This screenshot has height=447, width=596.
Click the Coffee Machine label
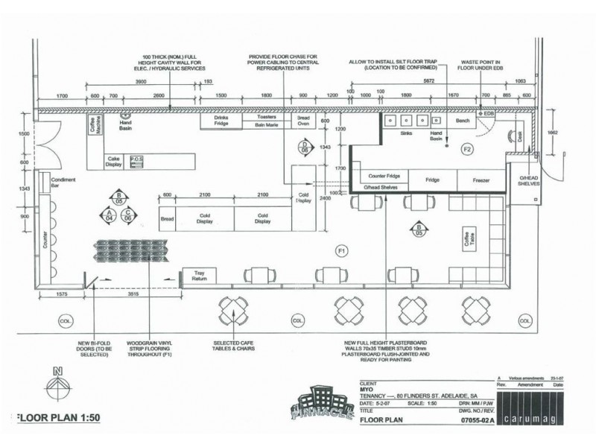tap(94, 127)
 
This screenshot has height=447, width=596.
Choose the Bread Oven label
tap(303, 121)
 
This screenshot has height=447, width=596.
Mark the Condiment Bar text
tap(63, 184)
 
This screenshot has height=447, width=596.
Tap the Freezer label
tap(481, 180)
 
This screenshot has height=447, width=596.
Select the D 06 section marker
tap(305, 146)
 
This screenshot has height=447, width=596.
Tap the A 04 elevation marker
tap(109, 215)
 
